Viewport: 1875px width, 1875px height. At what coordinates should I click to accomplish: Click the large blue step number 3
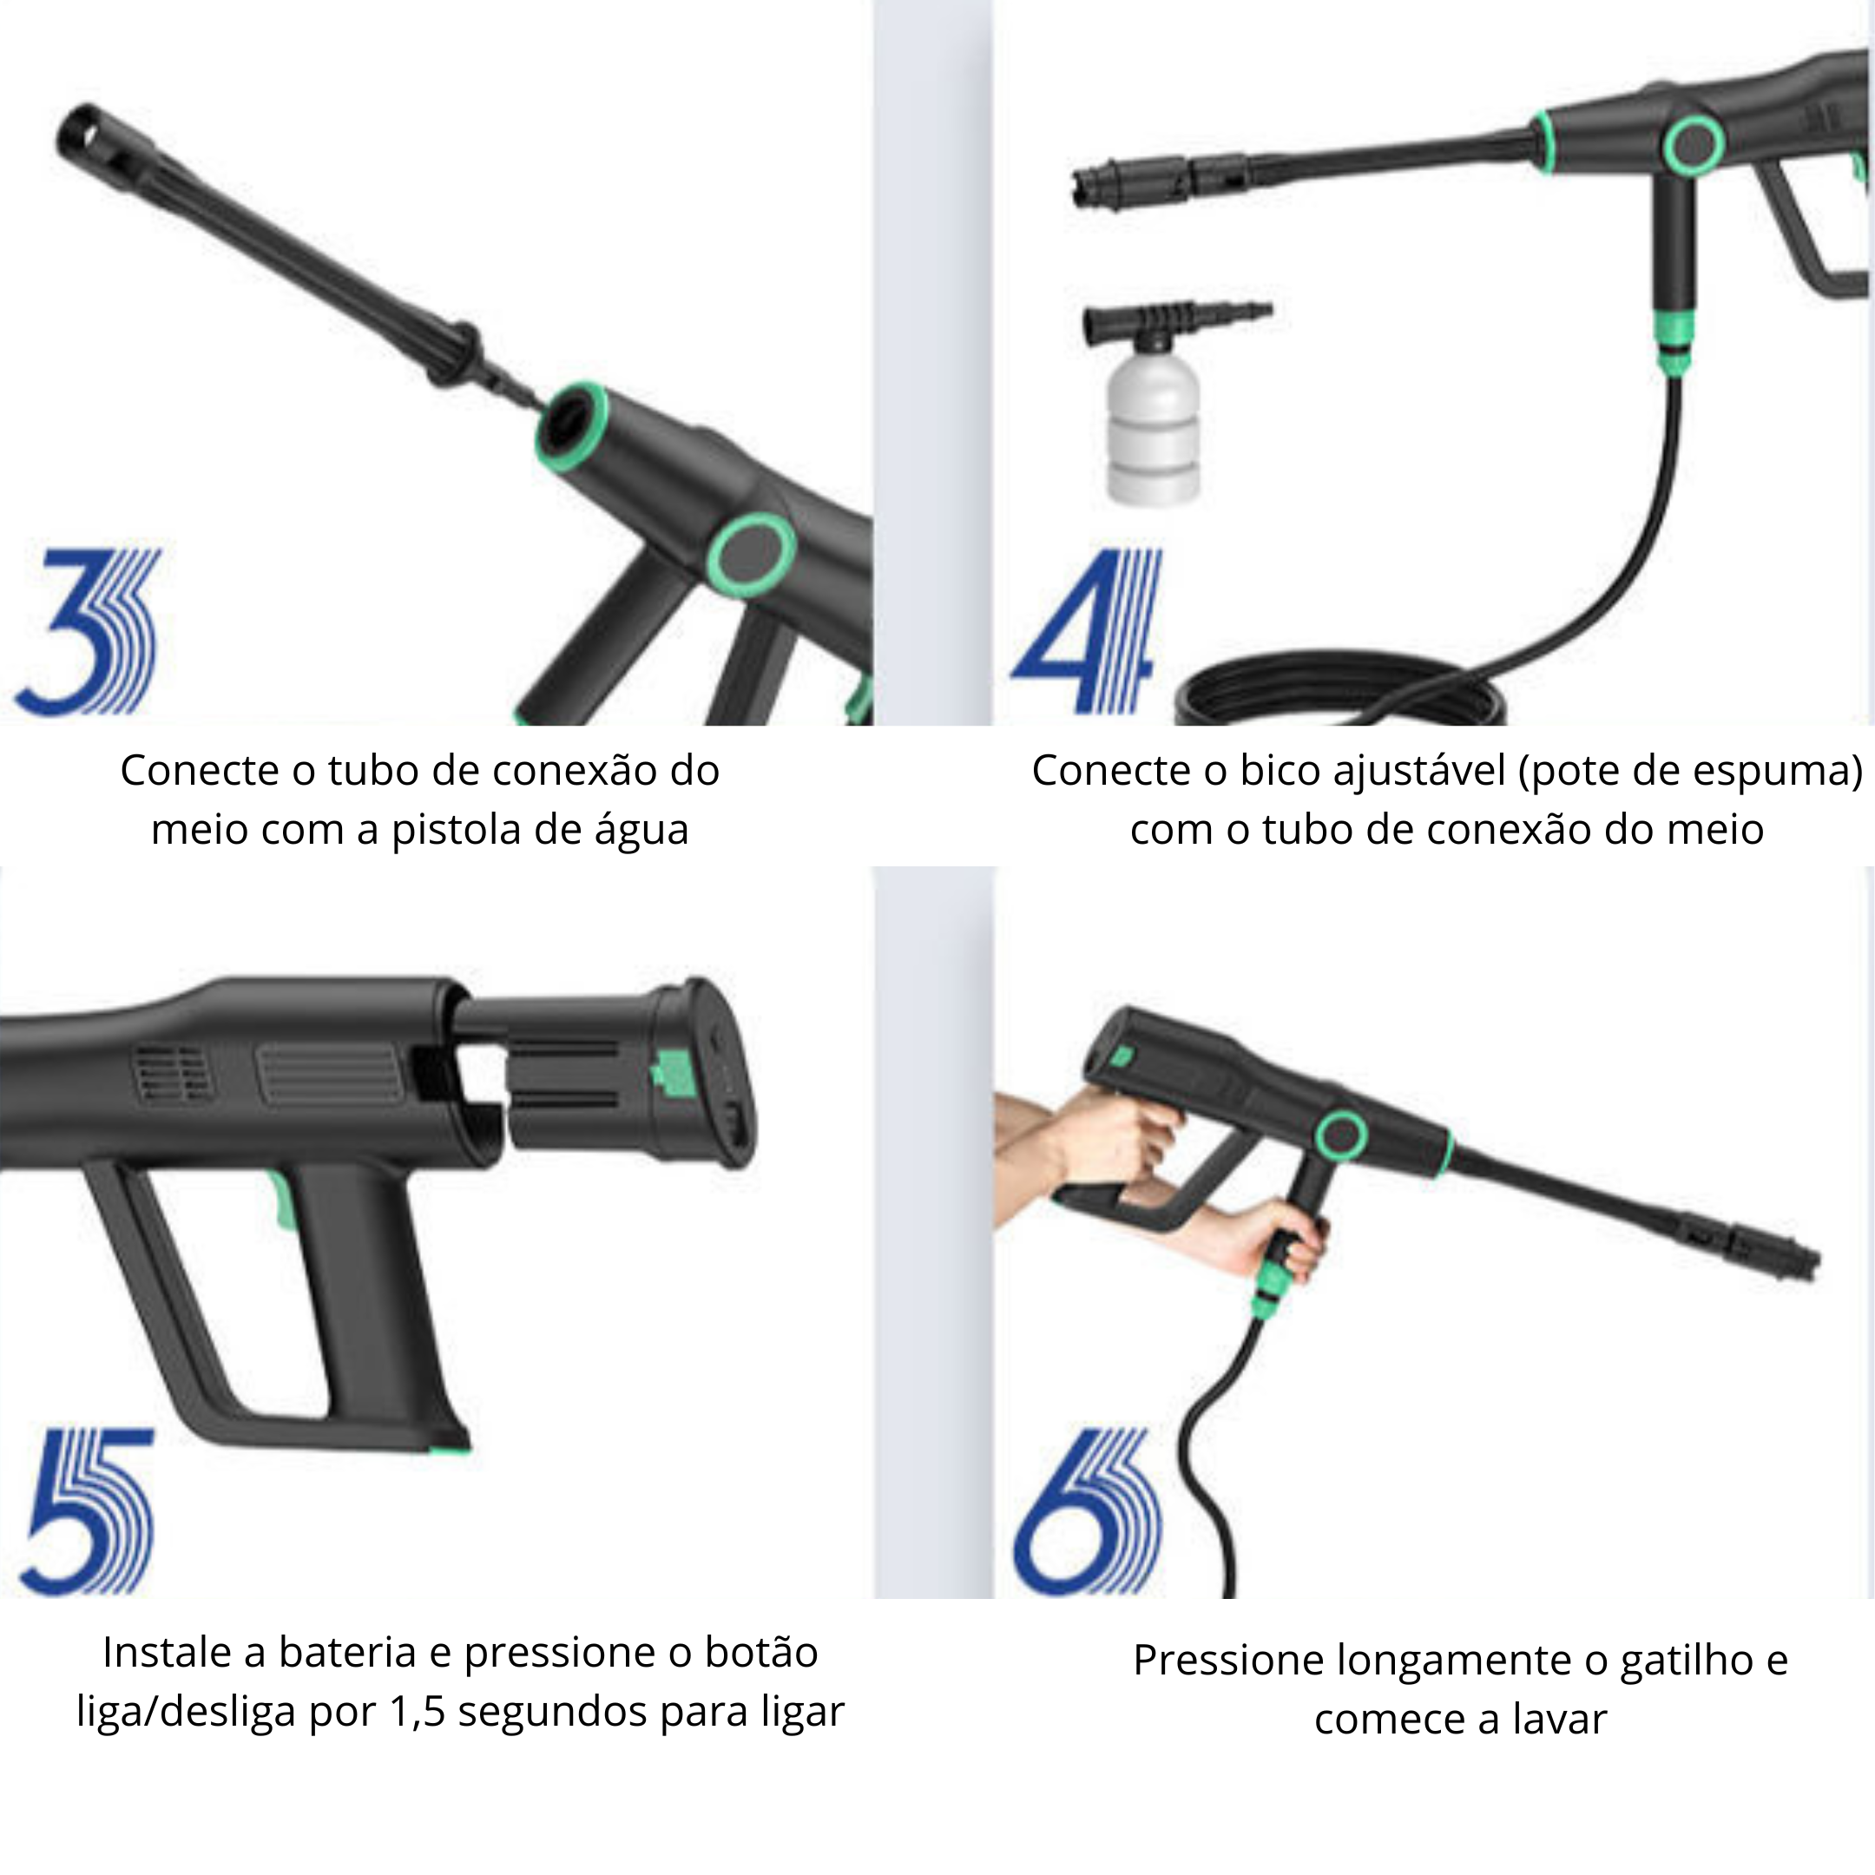tap(88, 631)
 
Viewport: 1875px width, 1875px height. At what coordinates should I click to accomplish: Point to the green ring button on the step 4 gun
tap(1694, 146)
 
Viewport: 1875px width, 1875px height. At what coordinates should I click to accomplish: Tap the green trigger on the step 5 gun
tap(280, 1201)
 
